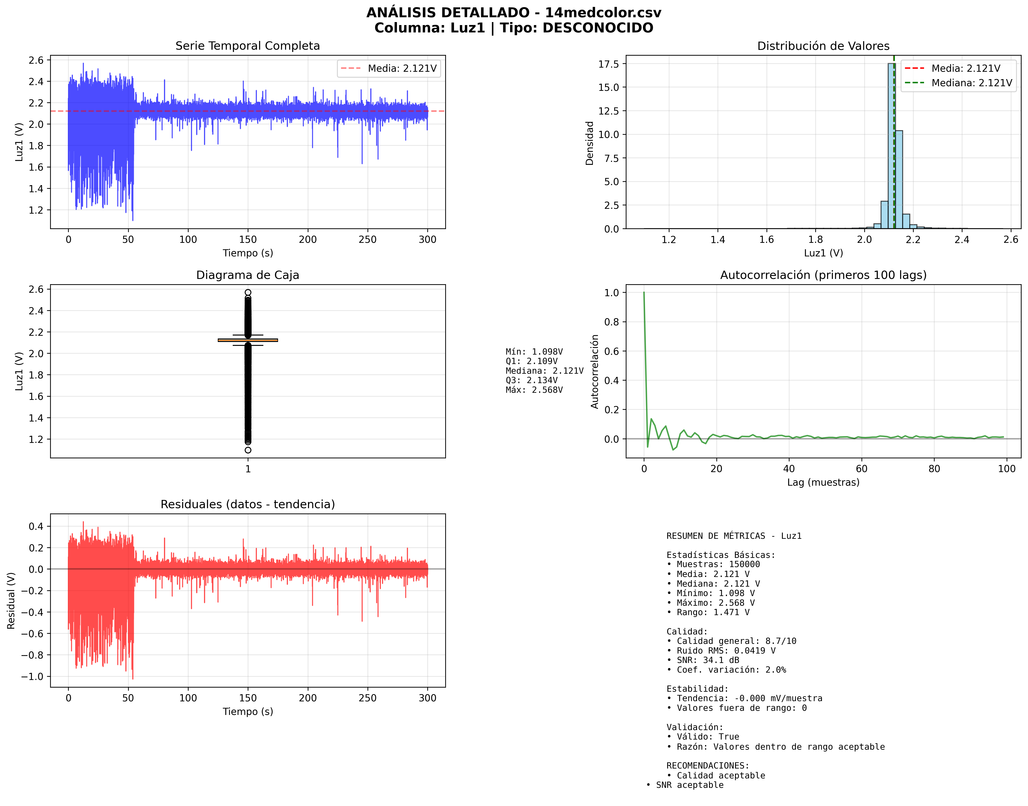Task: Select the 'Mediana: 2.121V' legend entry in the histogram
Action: point(971,83)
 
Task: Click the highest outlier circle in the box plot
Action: point(248,293)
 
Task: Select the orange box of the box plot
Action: point(248,340)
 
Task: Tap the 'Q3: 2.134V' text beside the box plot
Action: point(531,380)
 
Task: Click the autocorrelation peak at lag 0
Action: point(644,293)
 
